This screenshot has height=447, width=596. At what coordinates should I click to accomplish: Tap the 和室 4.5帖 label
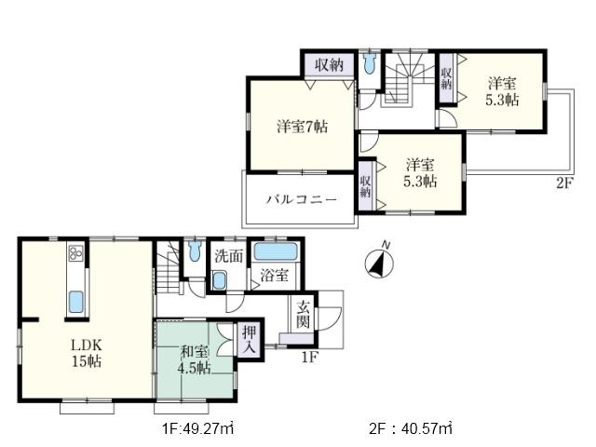click(x=195, y=359)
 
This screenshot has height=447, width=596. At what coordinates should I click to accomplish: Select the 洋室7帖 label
click(x=301, y=126)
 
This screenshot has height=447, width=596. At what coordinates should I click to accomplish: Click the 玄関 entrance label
click(x=304, y=314)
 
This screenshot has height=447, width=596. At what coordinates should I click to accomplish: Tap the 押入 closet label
click(x=251, y=336)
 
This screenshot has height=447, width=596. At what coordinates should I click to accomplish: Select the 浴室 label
click(x=273, y=276)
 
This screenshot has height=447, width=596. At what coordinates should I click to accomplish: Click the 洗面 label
click(x=228, y=254)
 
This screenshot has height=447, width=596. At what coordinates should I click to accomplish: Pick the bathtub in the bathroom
click(x=275, y=251)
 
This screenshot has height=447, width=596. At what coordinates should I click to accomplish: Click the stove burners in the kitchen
click(x=74, y=255)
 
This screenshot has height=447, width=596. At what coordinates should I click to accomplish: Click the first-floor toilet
click(x=194, y=251)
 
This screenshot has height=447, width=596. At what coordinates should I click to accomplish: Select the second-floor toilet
click(x=370, y=65)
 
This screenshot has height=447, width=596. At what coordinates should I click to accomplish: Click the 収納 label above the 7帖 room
click(x=327, y=64)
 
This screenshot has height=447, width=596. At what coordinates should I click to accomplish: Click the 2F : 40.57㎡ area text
click(x=410, y=428)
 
